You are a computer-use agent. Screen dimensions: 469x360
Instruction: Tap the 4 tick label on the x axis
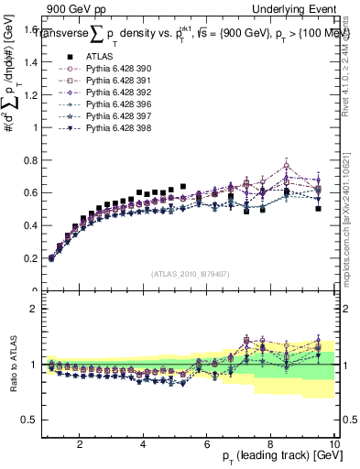coord(143,443)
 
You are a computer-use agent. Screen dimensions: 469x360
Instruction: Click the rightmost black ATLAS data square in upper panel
coord(318,209)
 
